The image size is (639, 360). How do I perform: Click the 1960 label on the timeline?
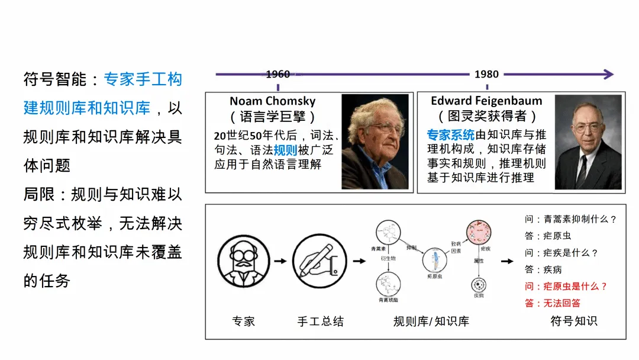click(x=277, y=75)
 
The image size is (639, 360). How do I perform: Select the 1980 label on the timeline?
click(x=486, y=75)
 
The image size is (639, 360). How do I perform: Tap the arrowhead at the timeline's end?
click(x=608, y=75)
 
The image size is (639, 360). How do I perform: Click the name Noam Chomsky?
click(x=272, y=101)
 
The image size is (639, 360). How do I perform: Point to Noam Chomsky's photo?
click(x=375, y=142)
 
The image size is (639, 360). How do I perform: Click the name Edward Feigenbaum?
click(x=486, y=101)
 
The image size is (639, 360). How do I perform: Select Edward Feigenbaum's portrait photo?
click(x=588, y=143)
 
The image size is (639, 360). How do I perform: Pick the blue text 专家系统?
click(x=451, y=134)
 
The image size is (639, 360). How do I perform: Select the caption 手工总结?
click(x=320, y=322)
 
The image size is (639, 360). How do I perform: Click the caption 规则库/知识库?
click(x=431, y=322)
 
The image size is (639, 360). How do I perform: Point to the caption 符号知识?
click(x=573, y=322)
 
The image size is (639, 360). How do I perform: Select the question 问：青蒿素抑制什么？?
click(x=570, y=219)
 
